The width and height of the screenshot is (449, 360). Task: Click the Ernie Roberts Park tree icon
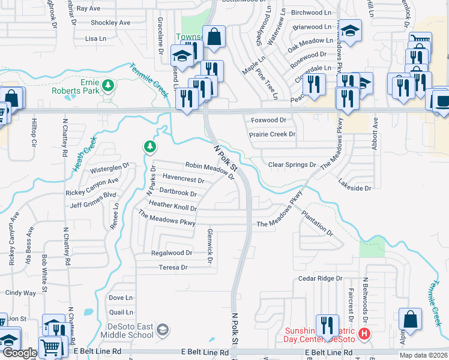[108, 85]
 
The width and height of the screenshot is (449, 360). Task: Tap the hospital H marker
[364, 333]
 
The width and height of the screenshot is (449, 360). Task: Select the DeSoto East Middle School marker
[163, 329]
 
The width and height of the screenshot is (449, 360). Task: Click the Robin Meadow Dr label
[209, 169]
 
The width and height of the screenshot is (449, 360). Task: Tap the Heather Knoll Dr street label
[173, 205]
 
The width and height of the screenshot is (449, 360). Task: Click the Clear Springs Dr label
[292, 164]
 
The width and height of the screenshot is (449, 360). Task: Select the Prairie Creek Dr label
[273, 134]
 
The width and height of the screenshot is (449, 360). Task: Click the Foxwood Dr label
[268, 120]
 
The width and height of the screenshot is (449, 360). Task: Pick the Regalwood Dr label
[172, 253]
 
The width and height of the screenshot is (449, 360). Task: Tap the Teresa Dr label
[173, 268]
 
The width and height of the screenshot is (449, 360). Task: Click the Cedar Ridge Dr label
[320, 278]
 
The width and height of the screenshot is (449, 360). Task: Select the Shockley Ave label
[110, 23]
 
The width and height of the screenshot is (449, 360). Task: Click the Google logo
[19, 353]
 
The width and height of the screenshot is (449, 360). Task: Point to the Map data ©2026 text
[424, 355]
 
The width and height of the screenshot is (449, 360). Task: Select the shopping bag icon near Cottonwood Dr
[214, 37]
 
